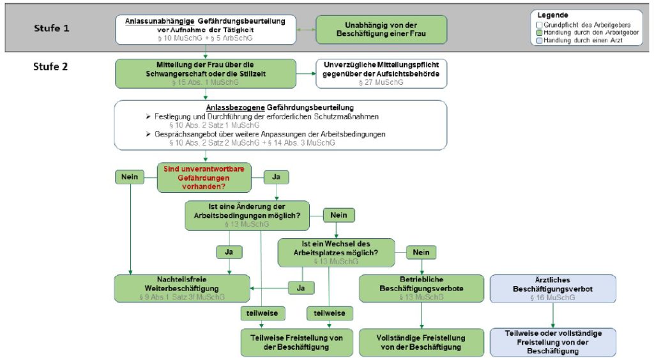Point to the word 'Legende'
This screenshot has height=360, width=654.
(552, 15)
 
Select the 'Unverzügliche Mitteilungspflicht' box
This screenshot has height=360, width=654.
(381, 73)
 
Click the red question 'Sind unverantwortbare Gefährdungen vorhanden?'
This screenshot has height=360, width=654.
(204, 177)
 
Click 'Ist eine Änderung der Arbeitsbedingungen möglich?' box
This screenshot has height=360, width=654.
(247, 215)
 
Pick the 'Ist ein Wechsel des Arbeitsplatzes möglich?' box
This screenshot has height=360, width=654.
(336, 252)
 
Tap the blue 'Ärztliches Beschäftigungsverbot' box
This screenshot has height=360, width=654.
(552, 288)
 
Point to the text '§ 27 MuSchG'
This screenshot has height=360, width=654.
(381, 82)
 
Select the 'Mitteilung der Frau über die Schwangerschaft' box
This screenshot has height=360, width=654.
(205, 73)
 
